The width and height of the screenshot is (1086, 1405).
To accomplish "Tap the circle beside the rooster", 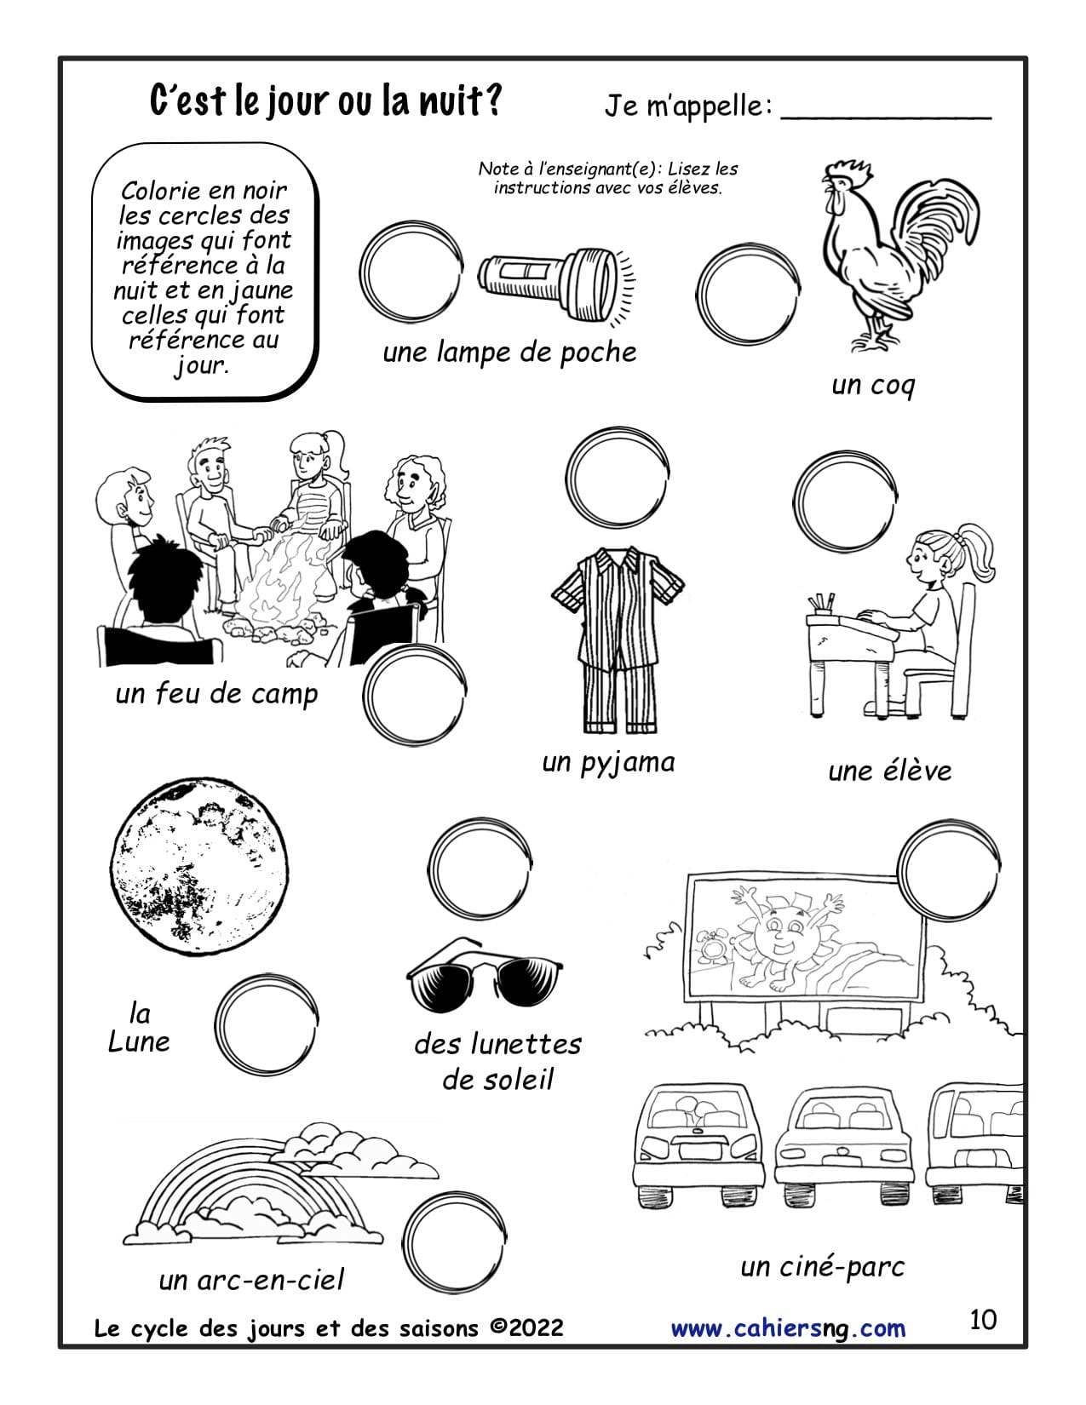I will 747,293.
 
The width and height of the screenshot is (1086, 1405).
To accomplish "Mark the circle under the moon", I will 266,1024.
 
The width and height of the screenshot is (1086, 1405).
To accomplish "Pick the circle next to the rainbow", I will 454,1242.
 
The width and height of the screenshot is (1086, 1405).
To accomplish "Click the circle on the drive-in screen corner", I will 949,870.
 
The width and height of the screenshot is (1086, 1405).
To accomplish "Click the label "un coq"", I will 872,386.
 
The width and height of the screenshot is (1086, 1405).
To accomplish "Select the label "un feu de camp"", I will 216,694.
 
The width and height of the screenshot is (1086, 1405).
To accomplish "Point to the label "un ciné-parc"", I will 822,1267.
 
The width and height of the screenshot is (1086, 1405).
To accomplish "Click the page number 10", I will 983,1320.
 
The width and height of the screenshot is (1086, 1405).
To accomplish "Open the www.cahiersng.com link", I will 788,1328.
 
